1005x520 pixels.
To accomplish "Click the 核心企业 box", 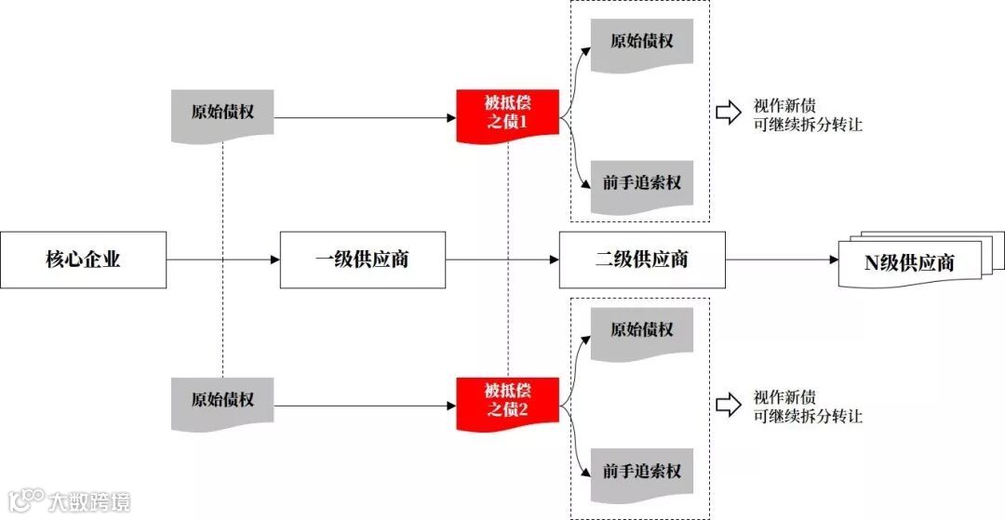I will (83, 260).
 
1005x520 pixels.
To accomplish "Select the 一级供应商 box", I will (362, 260).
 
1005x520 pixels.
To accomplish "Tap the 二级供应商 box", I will (642, 260).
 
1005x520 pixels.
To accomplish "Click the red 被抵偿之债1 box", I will (507, 114).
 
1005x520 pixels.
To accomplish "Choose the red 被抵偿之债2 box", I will (507, 402).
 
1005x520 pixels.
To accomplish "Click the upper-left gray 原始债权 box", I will (222, 113).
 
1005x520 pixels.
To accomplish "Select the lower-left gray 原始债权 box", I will (222, 401).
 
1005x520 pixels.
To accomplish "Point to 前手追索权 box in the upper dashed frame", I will (641, 183).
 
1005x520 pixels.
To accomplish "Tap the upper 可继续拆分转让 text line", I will (808, 125).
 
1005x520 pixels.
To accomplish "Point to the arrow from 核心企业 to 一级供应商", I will (223, 260).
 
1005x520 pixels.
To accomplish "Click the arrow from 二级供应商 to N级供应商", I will (782, 260).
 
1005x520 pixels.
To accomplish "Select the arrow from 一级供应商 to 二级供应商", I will (502, 260).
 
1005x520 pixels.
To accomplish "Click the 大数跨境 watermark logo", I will (69, 501).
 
